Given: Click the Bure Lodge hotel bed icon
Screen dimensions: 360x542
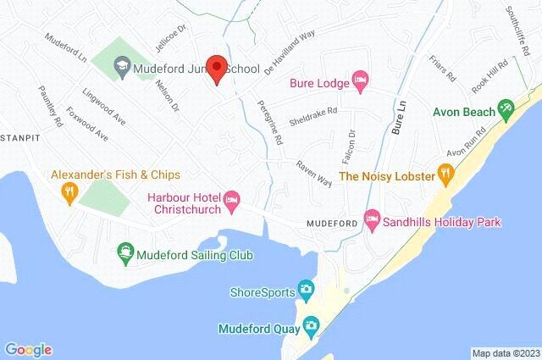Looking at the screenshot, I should [360, 80].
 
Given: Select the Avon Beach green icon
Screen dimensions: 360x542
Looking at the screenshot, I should [506, 108].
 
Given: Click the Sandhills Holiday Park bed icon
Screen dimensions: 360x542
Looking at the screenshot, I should [371, 221].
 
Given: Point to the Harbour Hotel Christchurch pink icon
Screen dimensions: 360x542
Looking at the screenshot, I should [231, 200].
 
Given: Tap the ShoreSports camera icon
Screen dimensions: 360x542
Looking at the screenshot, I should [305, 292].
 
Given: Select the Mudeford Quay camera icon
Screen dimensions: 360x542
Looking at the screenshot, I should [312, 326].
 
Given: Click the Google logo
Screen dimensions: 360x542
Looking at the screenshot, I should [28, 349].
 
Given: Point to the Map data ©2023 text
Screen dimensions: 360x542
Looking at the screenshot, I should [506, 353].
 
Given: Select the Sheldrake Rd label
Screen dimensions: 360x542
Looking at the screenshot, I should [314, 115].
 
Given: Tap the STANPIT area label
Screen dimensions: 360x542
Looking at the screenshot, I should [16, 136].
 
